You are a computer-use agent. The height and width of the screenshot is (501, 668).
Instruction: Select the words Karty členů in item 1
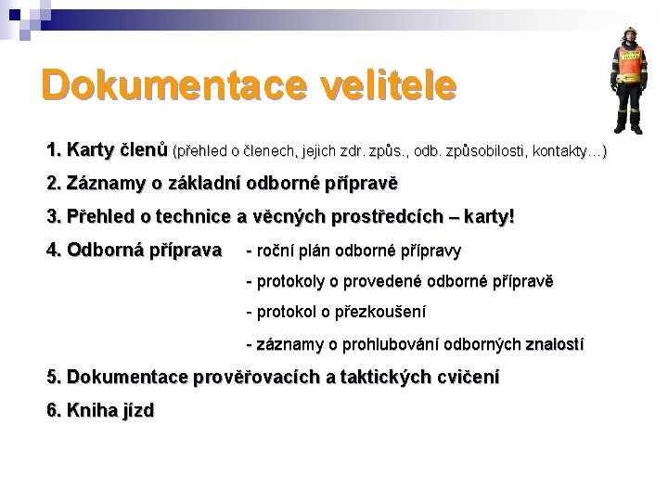[x=117, y=149]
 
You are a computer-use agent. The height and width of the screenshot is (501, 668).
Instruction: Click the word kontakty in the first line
[x=570, y=150]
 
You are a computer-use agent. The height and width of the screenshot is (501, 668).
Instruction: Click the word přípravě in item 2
[x=361, y=183]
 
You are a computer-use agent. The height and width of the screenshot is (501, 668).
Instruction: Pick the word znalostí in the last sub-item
[x=555, y=344]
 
